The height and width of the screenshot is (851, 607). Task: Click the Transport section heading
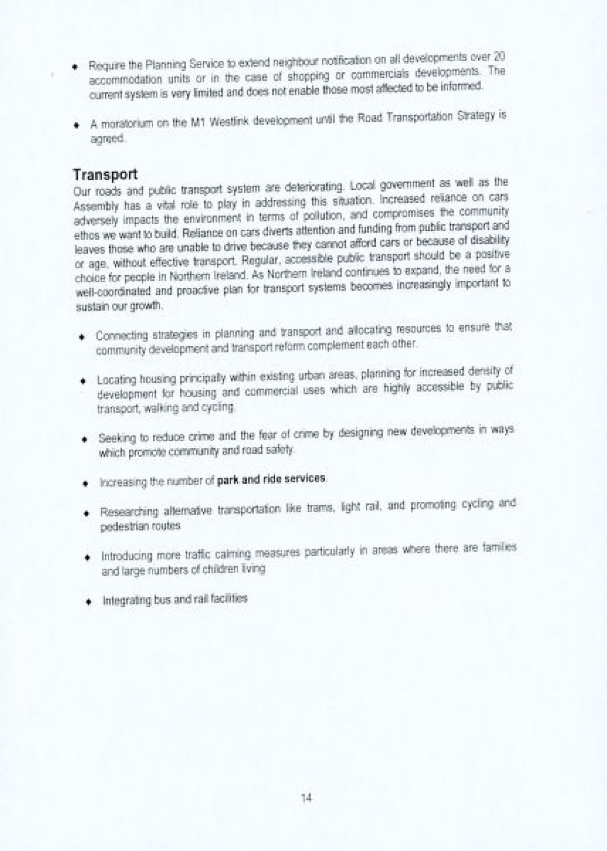(105, 175)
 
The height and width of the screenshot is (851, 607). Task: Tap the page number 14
(306, 798)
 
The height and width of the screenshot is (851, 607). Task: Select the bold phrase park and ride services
(271, 480)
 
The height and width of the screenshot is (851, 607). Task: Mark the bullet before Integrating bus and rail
(89, 602)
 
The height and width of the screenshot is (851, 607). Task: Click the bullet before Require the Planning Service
(75, 66)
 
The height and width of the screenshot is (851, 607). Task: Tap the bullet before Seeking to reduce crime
(85, 439)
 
